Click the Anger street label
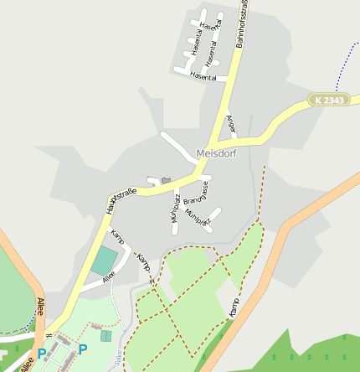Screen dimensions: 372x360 tap(232, 125)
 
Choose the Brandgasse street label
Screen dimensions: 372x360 tap(196, 194)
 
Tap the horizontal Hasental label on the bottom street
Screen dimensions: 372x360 tap(203, 77)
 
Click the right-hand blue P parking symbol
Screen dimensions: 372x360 tap(83, 349)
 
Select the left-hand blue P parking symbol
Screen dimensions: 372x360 tap(42, 354)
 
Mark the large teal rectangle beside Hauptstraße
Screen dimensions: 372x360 tap(105, 261)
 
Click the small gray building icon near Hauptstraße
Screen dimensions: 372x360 tap(166, 179)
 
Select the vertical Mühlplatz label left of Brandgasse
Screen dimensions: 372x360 tap(175, 208)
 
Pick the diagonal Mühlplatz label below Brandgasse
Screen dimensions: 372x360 tap(198, 218)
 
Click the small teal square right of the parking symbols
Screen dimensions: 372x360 tap(105, 336)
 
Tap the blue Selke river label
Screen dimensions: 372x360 tap(119, 359)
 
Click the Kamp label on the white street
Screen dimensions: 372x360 tap(117, 237)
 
